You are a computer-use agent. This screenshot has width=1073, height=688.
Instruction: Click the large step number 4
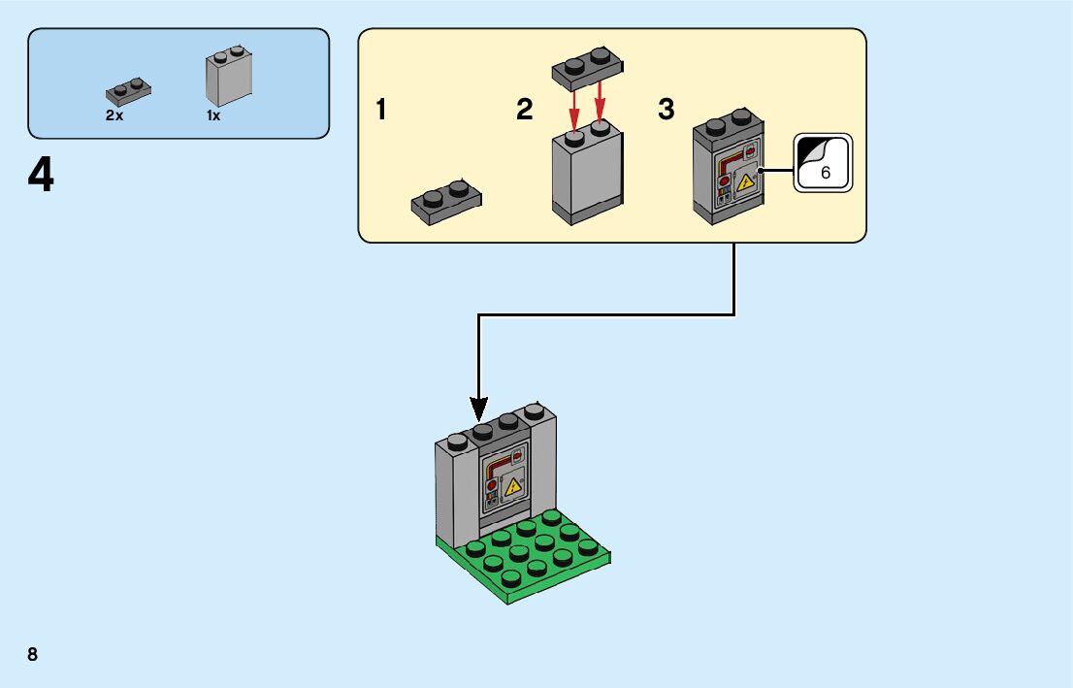[x=41, y=175]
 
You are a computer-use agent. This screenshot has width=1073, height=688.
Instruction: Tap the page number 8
[x=33, y=654]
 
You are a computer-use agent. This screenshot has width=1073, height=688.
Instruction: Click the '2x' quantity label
[x=114, y=115]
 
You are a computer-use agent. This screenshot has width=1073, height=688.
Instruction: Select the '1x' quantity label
[x=213, y=115]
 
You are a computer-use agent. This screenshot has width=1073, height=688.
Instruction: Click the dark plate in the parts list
[x=129, y=91]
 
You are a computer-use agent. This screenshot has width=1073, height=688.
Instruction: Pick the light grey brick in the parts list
[x=229, y=76]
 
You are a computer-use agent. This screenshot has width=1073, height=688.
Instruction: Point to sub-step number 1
[x=381, y=110]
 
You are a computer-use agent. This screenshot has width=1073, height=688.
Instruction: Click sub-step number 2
[x=524, y=110]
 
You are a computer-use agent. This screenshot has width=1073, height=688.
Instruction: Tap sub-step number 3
[x=667, y=110]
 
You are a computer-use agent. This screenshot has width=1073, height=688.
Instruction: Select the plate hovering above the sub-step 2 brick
[x=587, y=68]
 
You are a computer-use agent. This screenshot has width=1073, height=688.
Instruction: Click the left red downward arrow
[x=574, y=108]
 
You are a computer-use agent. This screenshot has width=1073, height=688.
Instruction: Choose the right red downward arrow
[x=601, y=103]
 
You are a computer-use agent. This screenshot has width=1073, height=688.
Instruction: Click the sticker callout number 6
[x=826, y=173]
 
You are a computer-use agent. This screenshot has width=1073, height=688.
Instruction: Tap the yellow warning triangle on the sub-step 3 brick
[x=744, y=182]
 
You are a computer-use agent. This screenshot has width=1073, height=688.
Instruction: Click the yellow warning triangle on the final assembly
[x=512, y=487]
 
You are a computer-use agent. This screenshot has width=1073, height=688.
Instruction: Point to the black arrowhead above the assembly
[x=478, y=410]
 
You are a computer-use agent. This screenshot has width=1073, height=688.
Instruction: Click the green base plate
[x=524, y=557]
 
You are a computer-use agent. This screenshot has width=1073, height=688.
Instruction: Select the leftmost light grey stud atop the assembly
[x=457, y=442]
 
